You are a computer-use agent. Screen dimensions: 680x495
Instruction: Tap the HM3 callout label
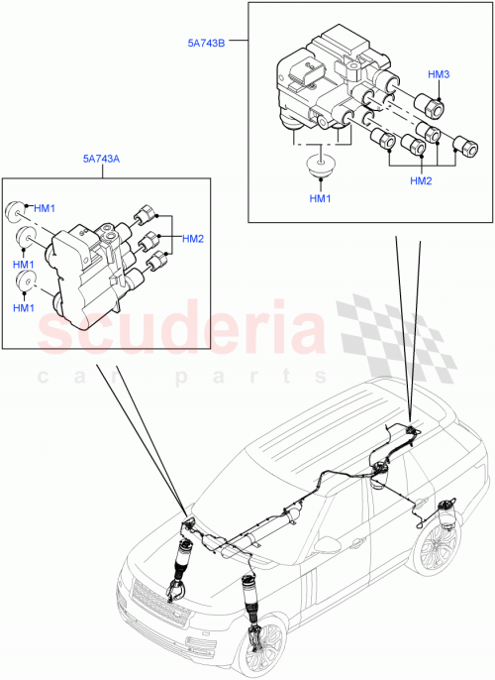[439, 75]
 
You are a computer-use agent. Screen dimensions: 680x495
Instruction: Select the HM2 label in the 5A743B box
[422, 181]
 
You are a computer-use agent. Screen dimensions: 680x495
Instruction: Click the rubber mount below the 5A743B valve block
[317, 164]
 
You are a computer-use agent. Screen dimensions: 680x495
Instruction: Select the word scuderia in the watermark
[183, 332]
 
